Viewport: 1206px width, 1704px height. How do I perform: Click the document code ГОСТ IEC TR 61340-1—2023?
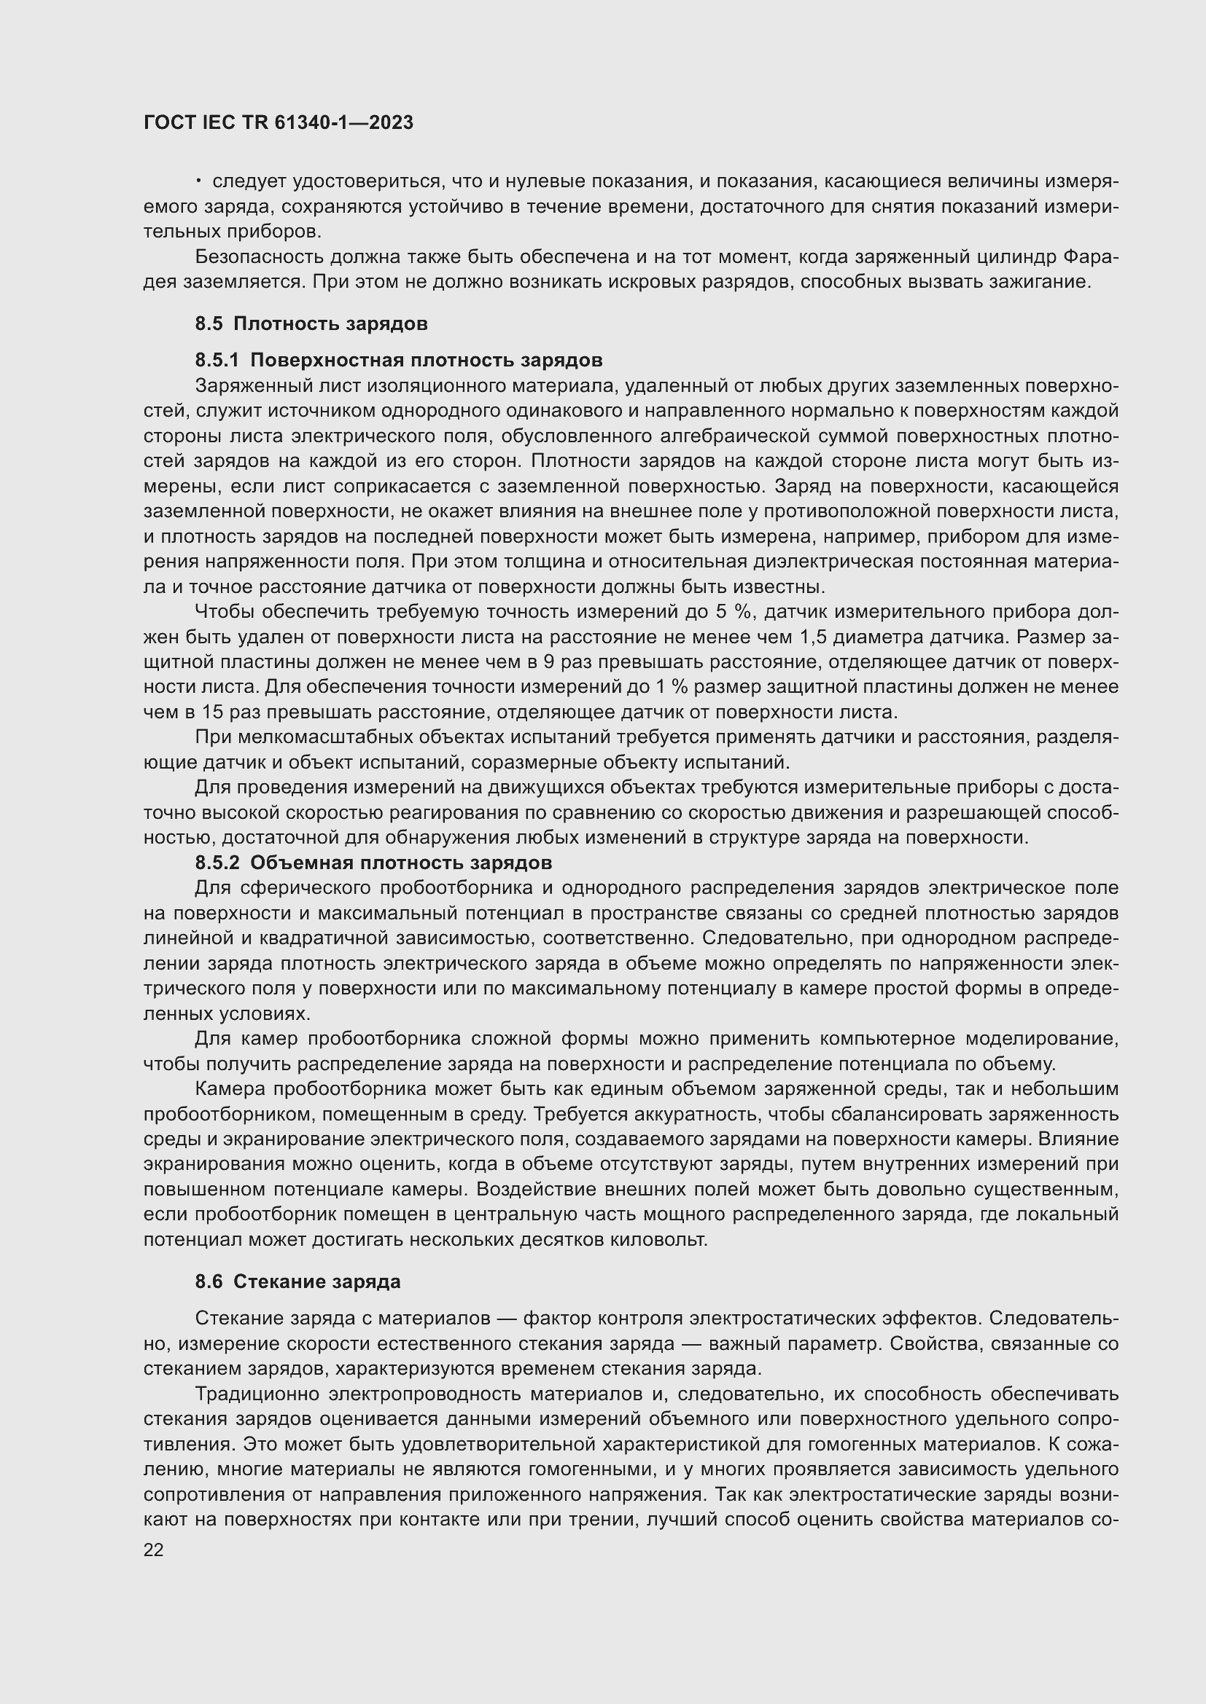[x=278, y=122]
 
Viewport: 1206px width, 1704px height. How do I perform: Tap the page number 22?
[x=154, y=1550]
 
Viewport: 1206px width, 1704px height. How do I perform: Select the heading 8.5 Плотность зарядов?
[x=311, y=323]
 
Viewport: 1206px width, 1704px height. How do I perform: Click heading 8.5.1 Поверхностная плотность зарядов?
[x=398, y=360]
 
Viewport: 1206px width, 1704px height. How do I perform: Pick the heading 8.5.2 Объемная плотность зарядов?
[x=373, y=863]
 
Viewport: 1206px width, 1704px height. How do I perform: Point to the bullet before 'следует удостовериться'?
[x=199, y=181]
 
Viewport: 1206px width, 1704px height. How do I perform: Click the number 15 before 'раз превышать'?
[x=211, y=712]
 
